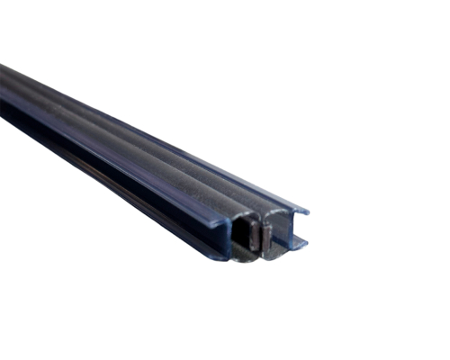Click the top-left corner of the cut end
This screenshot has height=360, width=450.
(x=216, y=213)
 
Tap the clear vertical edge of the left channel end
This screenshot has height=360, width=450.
(x=219, y=236)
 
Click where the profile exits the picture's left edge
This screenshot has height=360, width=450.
(x=3, y=90)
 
